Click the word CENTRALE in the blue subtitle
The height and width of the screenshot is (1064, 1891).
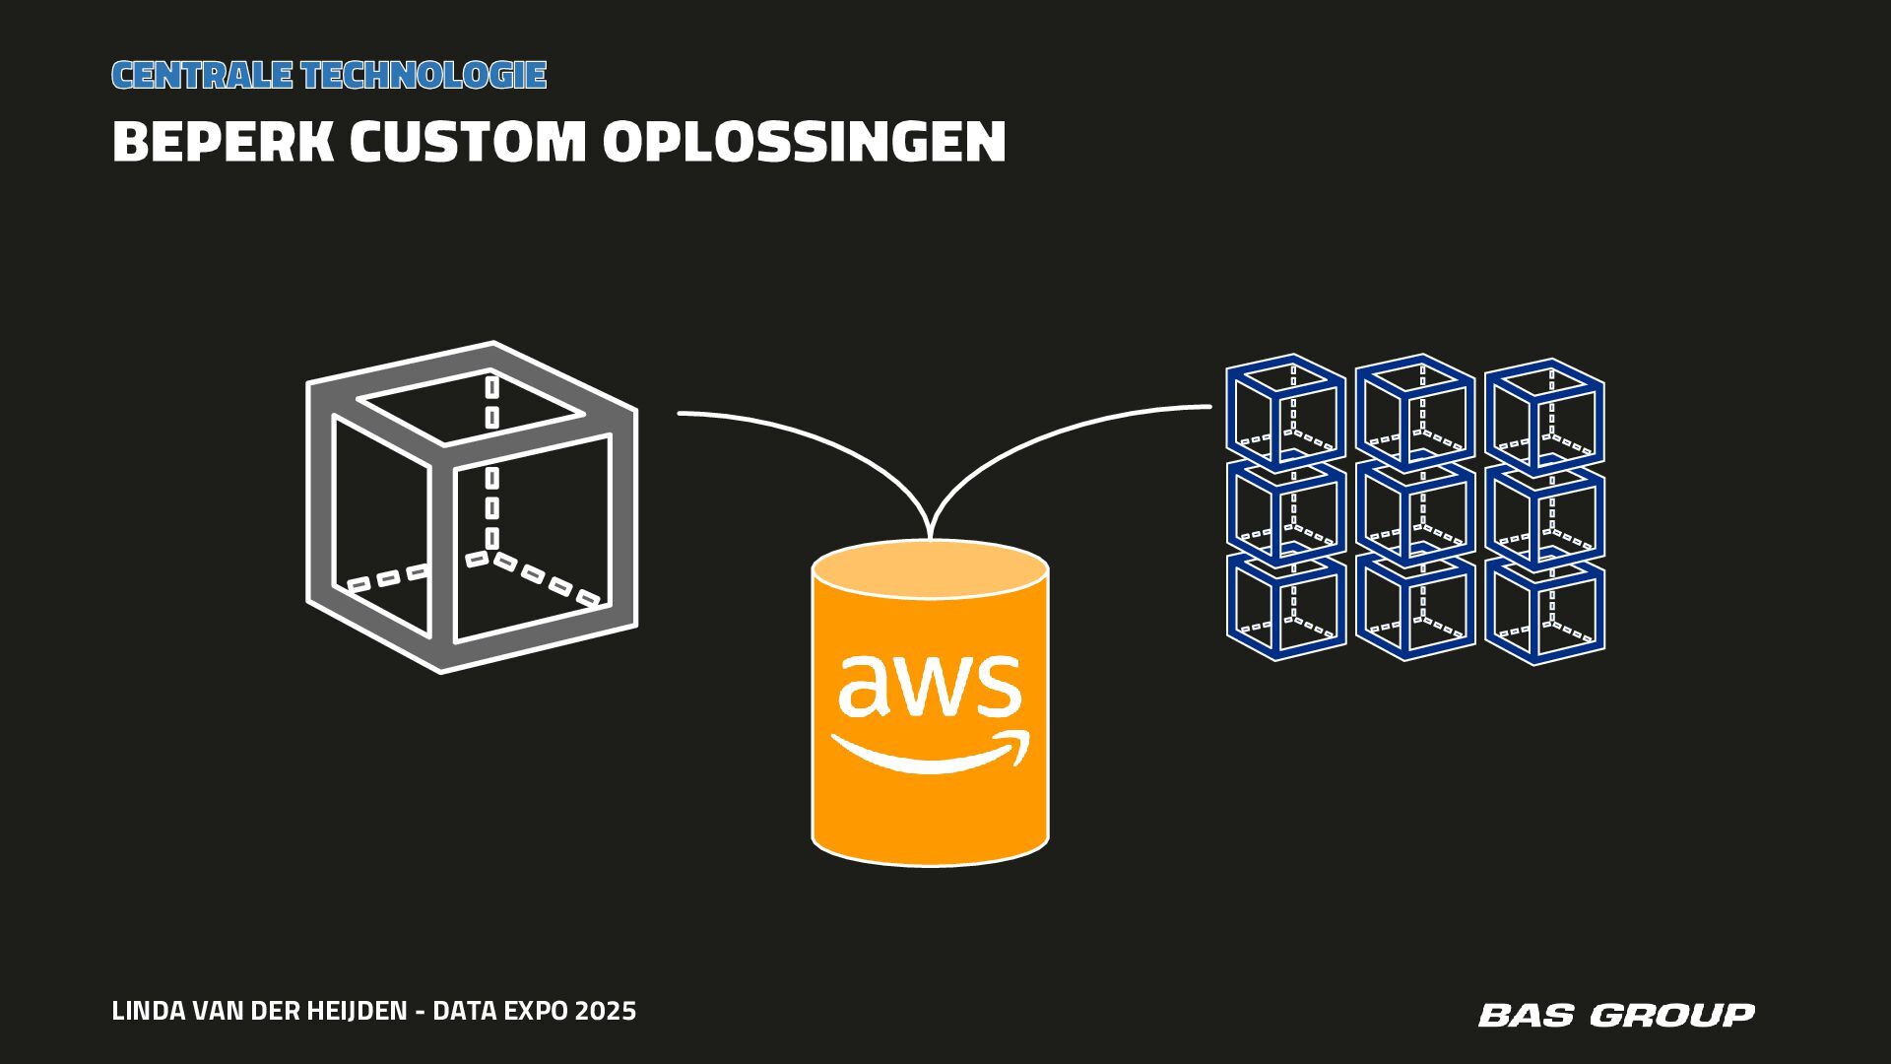click(x=201, y=75)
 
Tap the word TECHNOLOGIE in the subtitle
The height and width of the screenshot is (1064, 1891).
click(x=424, y=75)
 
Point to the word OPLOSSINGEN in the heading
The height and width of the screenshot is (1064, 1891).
click(x=804, y=142)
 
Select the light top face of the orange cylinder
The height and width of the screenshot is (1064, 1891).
click(x=930, y=568)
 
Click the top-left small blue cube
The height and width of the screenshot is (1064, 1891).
click(x=1285, y=411)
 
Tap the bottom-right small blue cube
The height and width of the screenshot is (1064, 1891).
click(x=1544, y=610)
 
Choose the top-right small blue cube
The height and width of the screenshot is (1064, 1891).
click(x=1544, y=414)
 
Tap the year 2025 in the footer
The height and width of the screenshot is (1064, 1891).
click(x=606, y=1011)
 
